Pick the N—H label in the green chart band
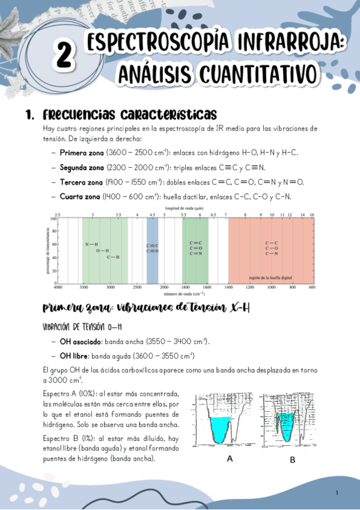(x=91, y=244)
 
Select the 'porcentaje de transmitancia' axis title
(x=46, y=251)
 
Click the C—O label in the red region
(x=271, y=248)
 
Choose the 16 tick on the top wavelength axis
(x=312, y=215)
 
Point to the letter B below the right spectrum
(x=292, y=460)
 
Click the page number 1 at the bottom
(x=337, y=493)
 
